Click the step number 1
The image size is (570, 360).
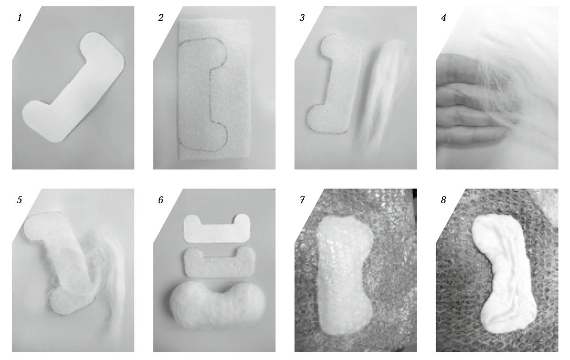(19, 18)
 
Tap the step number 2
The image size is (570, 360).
(161, 18)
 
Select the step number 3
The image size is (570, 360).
(302, 18)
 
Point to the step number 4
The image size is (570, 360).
(443, 18)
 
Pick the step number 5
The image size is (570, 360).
(19, 200)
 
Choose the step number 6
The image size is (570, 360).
(161, 200)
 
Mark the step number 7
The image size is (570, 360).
(302, 200)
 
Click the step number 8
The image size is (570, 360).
(443, 200)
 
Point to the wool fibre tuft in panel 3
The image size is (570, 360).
(382, 94)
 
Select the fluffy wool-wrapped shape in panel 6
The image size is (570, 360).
(218, 305)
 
